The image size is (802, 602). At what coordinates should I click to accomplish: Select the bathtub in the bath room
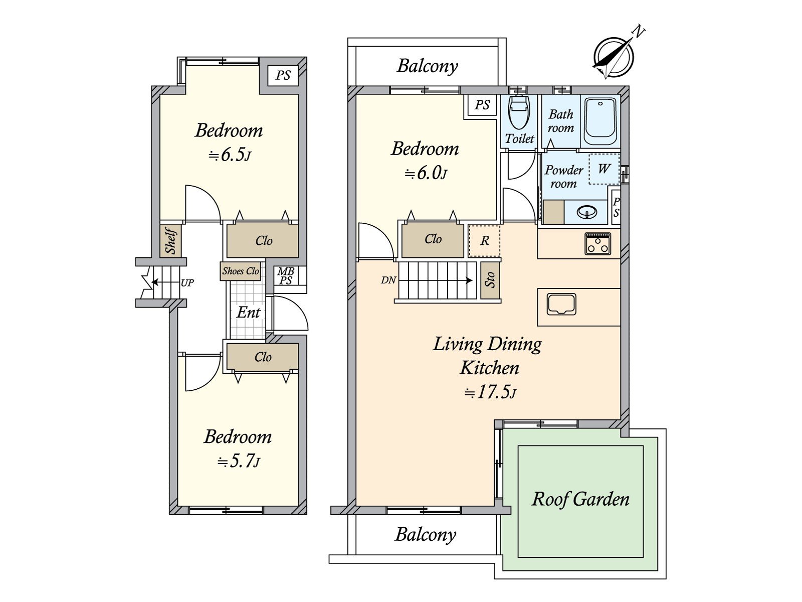point(600,122)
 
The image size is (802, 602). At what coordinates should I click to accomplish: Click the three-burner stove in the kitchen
point(597,243)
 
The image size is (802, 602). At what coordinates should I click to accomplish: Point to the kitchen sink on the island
point(561,304)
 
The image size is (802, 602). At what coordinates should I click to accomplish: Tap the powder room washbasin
point(586,212)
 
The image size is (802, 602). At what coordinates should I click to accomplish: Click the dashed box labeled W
point(605,169)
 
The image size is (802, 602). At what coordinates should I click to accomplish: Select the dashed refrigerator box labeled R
point(485,241)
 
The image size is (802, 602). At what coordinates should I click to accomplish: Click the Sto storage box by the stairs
point(490,280)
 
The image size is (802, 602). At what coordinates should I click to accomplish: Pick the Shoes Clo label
point(241,271)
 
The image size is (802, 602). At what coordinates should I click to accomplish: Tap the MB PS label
point(286,276)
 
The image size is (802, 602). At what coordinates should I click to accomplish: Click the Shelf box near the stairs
point(170,240)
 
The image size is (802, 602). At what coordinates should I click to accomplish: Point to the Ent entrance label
point(249,312)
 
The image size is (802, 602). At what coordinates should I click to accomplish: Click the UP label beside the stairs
point(187,282)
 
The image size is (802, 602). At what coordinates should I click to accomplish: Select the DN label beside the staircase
point(388,280)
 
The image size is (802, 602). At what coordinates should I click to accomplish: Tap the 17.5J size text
point(490,393)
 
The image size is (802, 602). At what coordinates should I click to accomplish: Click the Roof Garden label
point(580,499)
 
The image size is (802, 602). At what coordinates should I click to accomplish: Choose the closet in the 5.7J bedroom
point(262,357)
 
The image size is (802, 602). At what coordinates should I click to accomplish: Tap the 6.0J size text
point(426,173)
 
